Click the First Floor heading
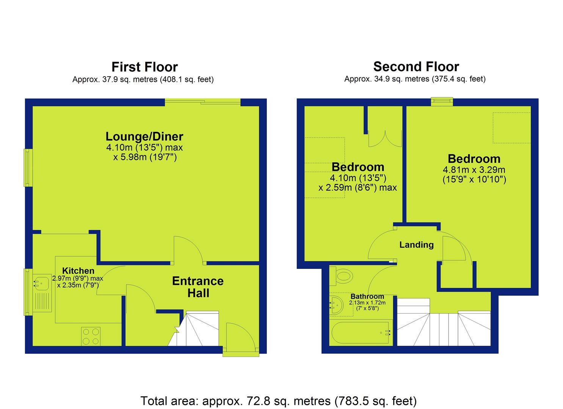click(x=144, y=67)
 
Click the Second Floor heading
click(x=416, y=67)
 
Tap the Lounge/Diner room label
click(x=144, y=137)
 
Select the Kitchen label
click(x=78, y=271)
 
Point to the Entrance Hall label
click(x=198, y=287)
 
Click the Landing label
click(x=417, y=245)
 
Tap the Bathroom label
click(x=367, y=296)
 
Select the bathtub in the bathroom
click(x=361, y=333)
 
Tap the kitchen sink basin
click(x=42, y=284)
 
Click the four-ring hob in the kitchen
click(x=91, y=336)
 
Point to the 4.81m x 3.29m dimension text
click(x=474, y=170)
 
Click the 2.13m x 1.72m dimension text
click(x=367, y=303)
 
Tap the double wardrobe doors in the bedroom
click(x=385, y=139)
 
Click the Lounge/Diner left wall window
click(x=28, y=168)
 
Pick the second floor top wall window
click(x=442, y=101)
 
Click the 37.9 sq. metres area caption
click(x=143, y=80)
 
